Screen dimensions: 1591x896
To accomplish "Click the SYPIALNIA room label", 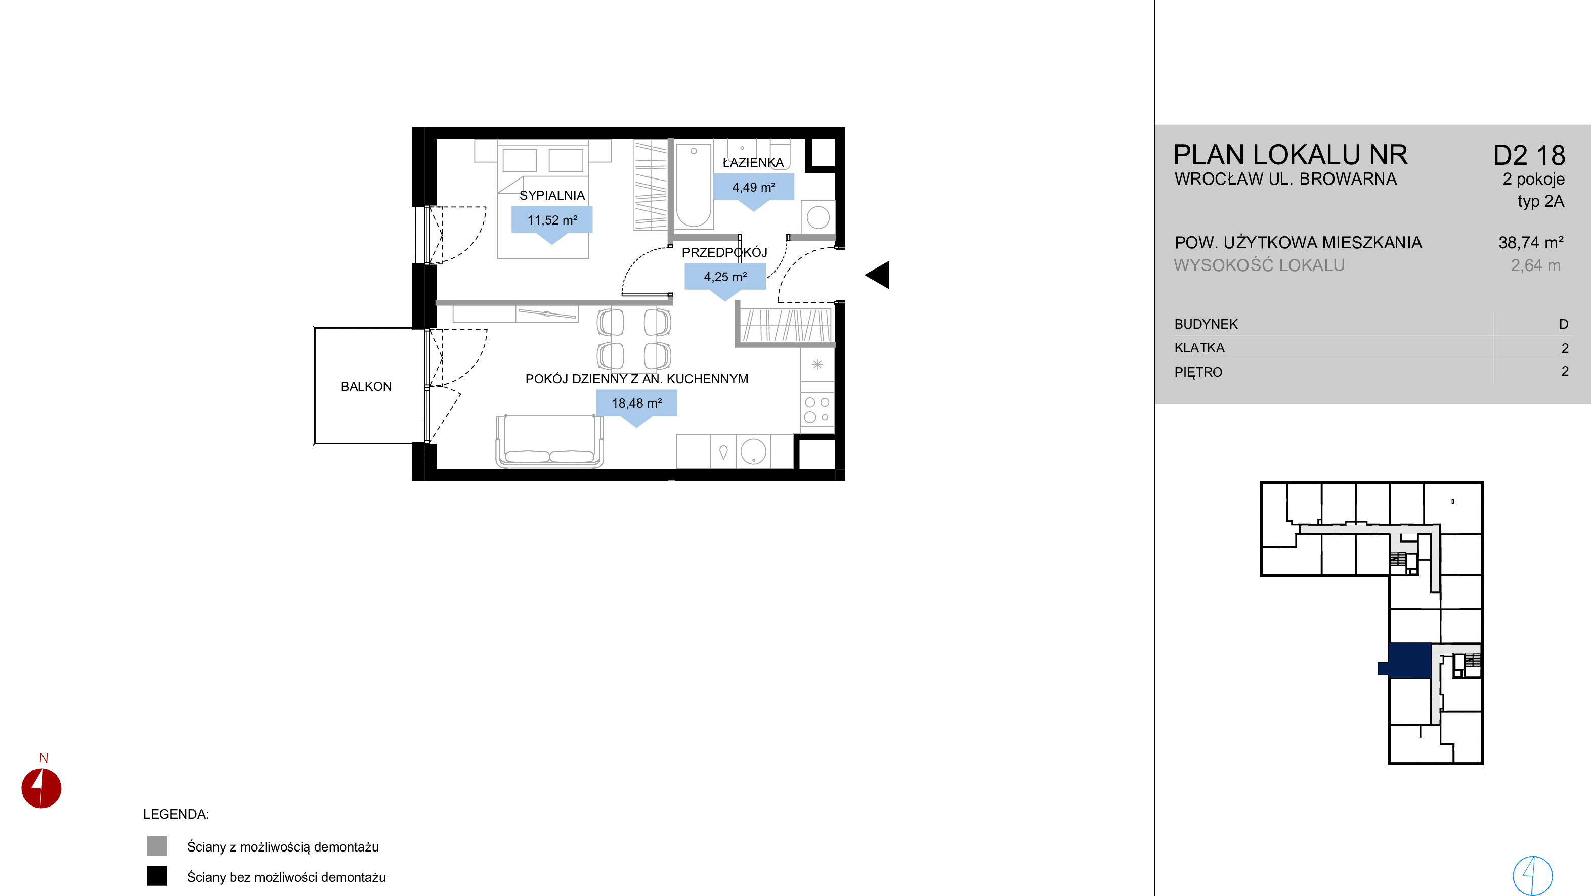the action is pos(551,195).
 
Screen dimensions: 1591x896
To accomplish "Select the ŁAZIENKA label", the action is pos(753,162).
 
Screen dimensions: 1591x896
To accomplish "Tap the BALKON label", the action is pos(366,386).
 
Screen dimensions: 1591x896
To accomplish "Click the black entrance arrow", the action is pos(878,275).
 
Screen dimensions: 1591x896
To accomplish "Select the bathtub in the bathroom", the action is pos(694,185).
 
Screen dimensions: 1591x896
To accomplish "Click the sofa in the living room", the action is pos(549,440).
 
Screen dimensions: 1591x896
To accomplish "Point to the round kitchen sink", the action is pos(753,451).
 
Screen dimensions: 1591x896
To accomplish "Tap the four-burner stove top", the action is pos(817,410).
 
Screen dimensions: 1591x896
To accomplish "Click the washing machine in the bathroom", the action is pos(818,217).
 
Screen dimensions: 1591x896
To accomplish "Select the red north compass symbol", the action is pos(41,788).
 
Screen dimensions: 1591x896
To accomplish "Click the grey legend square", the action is pos(157,846).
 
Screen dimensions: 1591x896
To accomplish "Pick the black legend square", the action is pos(157,876).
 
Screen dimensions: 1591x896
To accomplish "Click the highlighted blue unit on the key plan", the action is pos(1409,660).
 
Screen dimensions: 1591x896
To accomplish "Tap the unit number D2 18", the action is pos(1529,156).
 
